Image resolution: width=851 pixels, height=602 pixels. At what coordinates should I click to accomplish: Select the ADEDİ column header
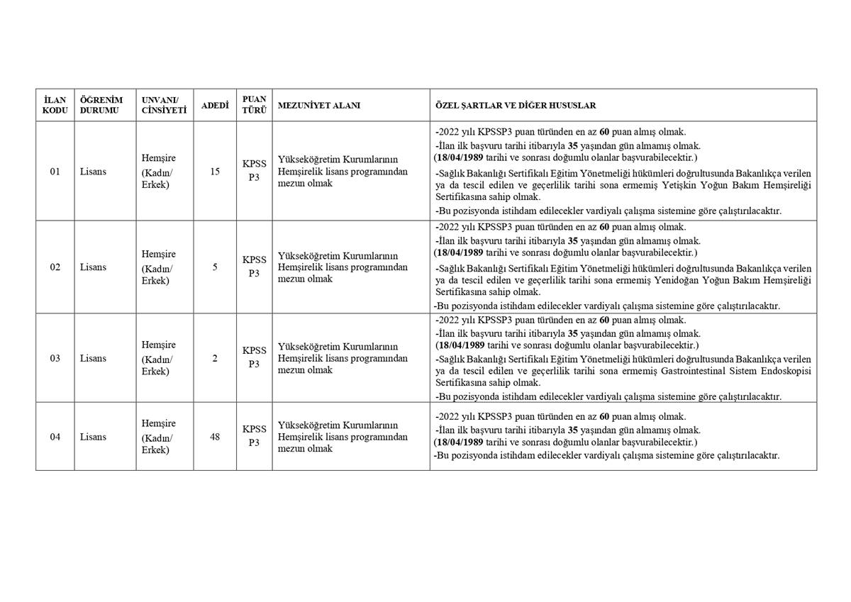(x=215, y=106)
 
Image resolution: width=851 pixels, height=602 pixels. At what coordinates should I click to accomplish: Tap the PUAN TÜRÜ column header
(x=254, y=106)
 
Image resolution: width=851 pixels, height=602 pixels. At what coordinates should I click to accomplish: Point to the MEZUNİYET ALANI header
(x=319, y=106)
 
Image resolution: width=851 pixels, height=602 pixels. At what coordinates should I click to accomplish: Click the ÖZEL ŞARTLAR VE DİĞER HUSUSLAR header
(x=516, y=106)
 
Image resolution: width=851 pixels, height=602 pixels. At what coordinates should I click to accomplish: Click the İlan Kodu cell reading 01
(x=55, y=172)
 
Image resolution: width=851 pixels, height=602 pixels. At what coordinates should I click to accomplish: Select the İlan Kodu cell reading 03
(x=55, y=358)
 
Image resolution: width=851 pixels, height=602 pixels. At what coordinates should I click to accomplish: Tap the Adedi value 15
(x=215, y=172)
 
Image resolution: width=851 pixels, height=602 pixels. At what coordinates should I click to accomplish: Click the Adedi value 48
(x=215, y=437)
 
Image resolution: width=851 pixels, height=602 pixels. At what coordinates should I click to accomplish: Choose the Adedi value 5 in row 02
(x=215, y=267)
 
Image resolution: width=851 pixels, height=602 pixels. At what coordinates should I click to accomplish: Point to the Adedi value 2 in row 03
(x=215, y=358)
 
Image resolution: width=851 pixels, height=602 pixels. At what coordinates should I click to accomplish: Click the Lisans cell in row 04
(x=93, y=437)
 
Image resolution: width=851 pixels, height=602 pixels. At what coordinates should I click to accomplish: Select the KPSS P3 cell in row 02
(x=254, y=267)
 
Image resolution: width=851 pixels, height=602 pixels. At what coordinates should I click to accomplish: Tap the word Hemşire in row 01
(x=159, y=159)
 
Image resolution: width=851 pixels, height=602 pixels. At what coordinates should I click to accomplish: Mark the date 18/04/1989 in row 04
(x=461, y=442)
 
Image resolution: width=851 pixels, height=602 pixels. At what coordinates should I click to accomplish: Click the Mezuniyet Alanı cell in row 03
(x=343, y=358)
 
